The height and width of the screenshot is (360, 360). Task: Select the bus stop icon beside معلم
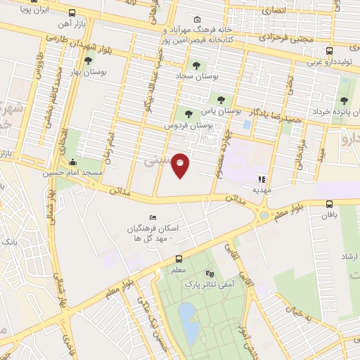point(179,259)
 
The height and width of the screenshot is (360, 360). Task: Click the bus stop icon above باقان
point(330,205)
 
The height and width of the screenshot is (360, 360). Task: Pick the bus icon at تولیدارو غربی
point(329,51)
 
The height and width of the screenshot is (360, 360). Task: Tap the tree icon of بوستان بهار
point(78,61)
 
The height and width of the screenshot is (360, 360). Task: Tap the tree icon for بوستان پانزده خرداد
point(343,101)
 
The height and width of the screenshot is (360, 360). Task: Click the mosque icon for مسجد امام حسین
point(73,162)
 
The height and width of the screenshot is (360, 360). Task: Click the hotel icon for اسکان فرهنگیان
point(152,218)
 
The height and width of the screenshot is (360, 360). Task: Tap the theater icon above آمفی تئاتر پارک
point(209,274)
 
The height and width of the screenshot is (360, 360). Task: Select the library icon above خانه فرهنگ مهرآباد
point(196,20)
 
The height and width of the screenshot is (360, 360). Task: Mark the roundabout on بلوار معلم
point(264,216)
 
